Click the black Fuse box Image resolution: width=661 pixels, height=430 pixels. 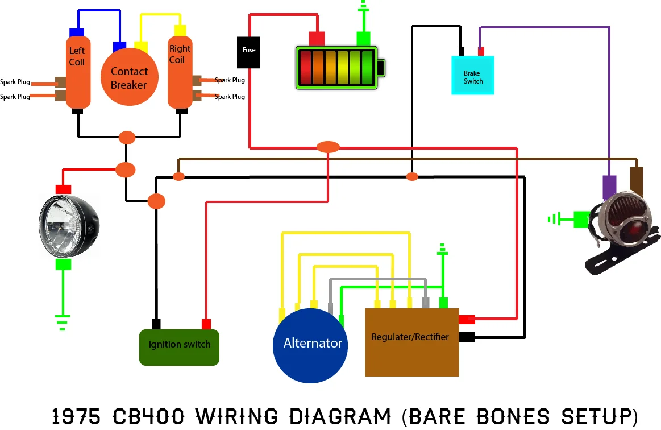[249, 51]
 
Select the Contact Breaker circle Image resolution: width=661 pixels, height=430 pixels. [129, 77]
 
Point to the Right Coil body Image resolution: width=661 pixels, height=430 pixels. [180, 71]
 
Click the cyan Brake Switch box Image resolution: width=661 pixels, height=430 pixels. [472, 75]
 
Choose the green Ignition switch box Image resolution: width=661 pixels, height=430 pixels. [179, 346]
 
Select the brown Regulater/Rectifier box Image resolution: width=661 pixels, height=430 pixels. [411, 342]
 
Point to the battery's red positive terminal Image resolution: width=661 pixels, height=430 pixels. [316, 38]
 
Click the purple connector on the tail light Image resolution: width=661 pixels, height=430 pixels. [609, 185]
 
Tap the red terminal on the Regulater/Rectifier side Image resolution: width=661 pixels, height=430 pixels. [467, 320]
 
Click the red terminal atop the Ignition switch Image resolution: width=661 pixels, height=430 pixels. [206, 324]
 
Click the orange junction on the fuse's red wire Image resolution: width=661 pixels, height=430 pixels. [327, 147]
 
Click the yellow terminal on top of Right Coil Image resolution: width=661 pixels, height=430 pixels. [180, 30]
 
